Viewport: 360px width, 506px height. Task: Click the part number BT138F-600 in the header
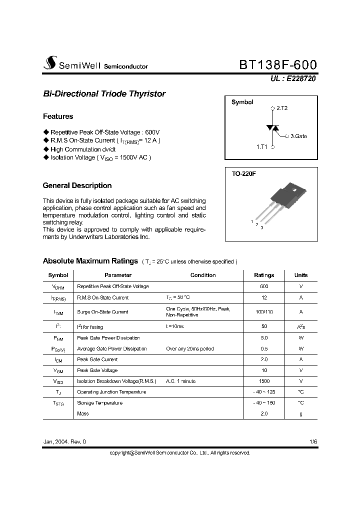(x=278, y=65)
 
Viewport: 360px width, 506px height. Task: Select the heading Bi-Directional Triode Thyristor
(x=104, y=94)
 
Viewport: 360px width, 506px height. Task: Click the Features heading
(x=58, y=116)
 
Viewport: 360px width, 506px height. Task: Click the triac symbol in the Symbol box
(x=272, y=128)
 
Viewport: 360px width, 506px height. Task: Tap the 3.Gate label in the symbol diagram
(x=298, y=136)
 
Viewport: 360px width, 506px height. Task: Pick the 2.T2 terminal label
(x=282, y=108)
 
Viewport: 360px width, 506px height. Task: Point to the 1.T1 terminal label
(x=262, y=147)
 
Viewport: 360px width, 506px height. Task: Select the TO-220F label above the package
(x=243, y=174)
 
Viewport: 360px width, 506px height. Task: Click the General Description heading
(x=77, y=185)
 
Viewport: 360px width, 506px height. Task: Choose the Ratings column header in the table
(x=264, y=275)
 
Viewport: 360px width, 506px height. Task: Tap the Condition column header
(x=203, y=275)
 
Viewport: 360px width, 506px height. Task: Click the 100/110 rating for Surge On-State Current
(x=264, y=312)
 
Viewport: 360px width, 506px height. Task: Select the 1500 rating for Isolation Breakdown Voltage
(x=264, y=381)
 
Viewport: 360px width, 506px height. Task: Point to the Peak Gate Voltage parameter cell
(x=97, y=370)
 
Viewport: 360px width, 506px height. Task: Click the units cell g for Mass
(x=301, y=413)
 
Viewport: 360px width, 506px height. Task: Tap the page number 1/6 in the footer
(x=313, y=442)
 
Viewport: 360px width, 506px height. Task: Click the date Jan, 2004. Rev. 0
(x=64, y=442)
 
